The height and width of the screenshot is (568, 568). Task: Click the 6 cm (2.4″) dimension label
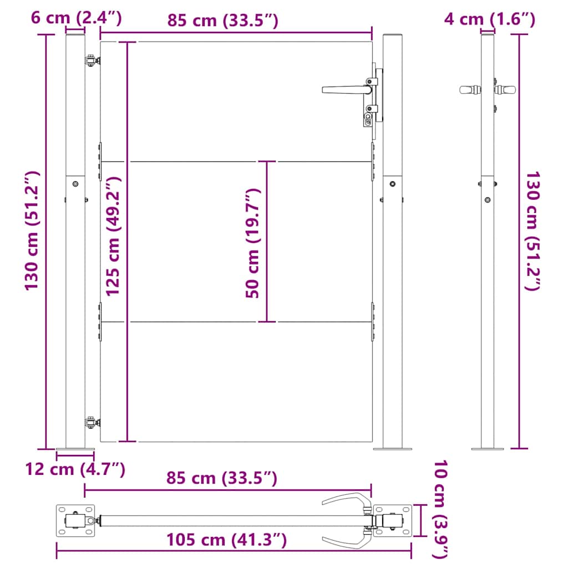(x=76, y=18)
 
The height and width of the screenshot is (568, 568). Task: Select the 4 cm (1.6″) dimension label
(x=489, y=19)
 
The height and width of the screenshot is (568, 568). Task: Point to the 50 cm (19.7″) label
(x=252, y=243)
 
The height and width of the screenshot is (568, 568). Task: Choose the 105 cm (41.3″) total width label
(x=226, y=539)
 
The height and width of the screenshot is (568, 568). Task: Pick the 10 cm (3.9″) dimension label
(x=442, y=509)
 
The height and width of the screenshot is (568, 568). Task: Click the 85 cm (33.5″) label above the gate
(x=222, y=21)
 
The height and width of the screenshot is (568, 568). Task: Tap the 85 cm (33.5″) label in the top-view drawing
(x=221, y=478)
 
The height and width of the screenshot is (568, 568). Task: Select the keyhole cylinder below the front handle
(x=368, y=118)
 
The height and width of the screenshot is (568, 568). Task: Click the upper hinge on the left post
(x=91, y=61)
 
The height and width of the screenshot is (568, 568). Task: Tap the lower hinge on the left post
(x=91, y=423)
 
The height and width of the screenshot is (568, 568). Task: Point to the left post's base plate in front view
(x=75, y=448)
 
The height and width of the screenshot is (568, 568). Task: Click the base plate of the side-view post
(x=487, y=448)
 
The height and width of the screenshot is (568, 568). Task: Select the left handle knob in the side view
(x=468, y=89)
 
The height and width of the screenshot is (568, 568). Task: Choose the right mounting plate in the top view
(x=393, y=521)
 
